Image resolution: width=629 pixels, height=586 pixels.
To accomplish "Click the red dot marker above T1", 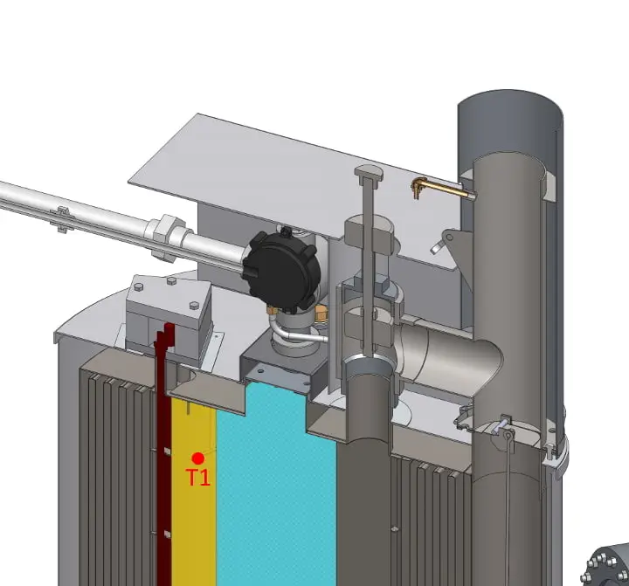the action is click(197, 458).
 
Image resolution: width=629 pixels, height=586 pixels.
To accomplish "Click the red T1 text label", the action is click(198, 478).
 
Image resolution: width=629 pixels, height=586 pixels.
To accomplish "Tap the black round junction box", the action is click(282, 270).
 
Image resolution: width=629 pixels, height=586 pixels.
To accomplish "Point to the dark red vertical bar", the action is click(163, 453).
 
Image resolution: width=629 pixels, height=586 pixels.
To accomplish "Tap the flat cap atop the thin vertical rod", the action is click(369, 172).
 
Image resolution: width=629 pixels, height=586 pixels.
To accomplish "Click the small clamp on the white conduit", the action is click(63, 219).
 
